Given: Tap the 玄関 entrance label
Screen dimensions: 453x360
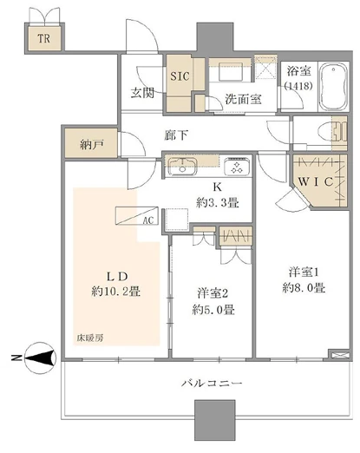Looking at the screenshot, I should tap(143, 94).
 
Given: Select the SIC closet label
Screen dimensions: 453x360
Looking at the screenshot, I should tap(180, 75).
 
